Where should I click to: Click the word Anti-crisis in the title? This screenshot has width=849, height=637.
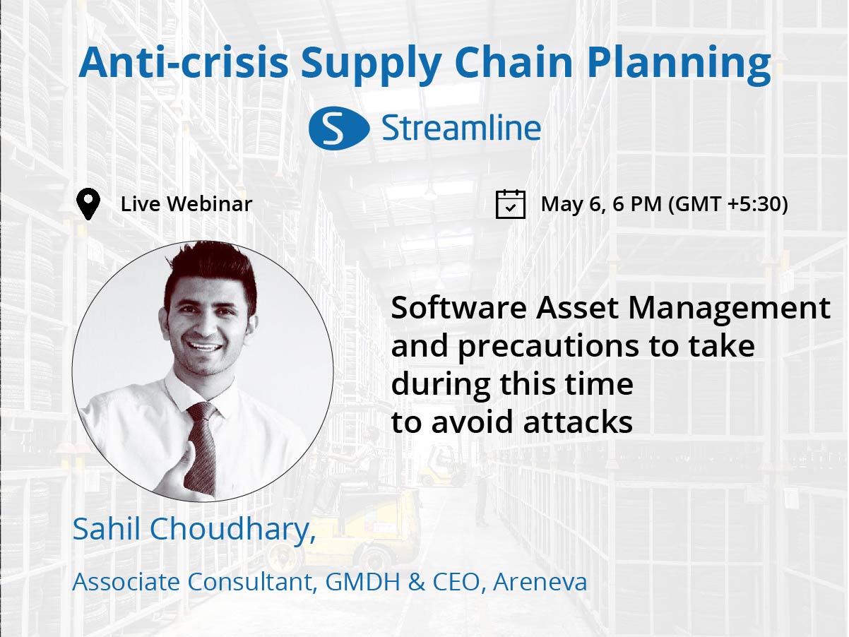pyautogui.click(x=184, y=62)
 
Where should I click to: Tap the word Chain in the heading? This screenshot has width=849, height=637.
pyautogui.click(x=513, y=62)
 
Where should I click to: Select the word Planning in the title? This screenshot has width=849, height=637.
pyautogui.click(x=679, y=64)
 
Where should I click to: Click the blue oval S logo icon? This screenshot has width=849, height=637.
pyautogui.click(x=339, y=128)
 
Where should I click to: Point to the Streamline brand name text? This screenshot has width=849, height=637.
pyautogui.click(x=461, y=128)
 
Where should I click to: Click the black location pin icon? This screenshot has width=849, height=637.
pyautogui.click(x=88, y=204)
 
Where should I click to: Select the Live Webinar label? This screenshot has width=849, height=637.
pyautogui.click(x=186, y=204)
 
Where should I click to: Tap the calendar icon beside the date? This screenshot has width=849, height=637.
pyautogui.click(x=510, y=204)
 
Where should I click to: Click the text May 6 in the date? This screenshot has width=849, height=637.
pyautogui.click(x=574, y=205)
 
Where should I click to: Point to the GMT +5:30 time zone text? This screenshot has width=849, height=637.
pyautogui.click(x=728, y=204)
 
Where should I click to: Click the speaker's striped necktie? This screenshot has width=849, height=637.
pyautogui.click(x=201, y=448)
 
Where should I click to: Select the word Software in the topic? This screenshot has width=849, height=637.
pyautogui.click(x=458, y=308)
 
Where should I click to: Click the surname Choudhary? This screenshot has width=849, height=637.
pyautogui.click(x=233, y=530)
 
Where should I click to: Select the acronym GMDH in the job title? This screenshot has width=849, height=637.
pyautogui.click(x=362, y=581)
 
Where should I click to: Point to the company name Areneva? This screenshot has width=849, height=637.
pyautogui.click(x=540, y=581)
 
